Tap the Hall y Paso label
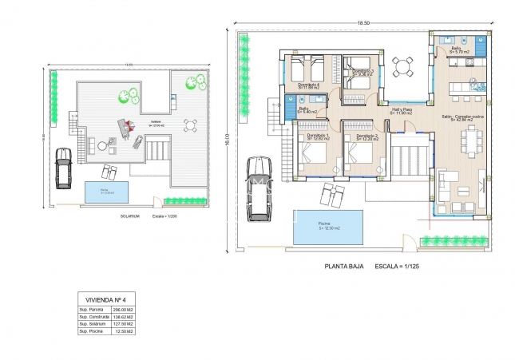point(402,110)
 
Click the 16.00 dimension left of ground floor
point(228,137)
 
